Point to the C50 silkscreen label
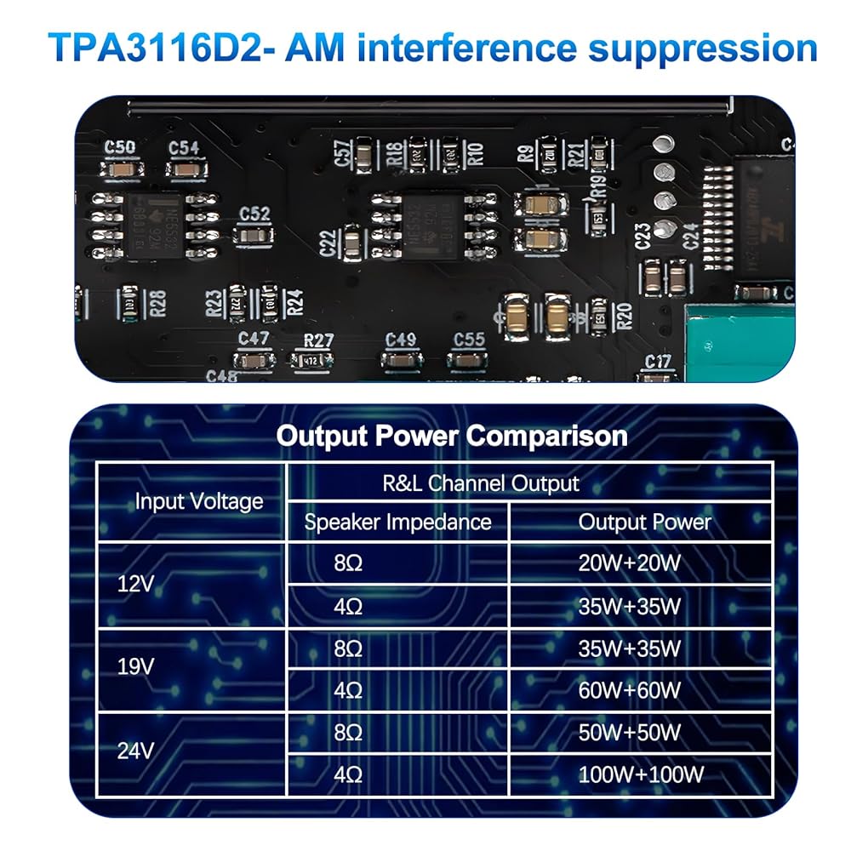(x=119, y=147)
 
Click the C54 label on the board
(x=184, y=147)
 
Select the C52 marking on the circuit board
(x=254, y=214)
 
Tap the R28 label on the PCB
(x=157, y=300)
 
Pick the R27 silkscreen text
(x=318, y=340)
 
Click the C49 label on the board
(x=400, y=340)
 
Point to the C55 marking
(x=469, y=340)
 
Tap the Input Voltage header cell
(x=198, y=501)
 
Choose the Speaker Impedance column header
(x=397, y=522)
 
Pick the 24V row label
(x=135, y=752)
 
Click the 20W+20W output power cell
(x=629, y=563)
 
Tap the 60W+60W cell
(x=629, y=690)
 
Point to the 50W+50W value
(x=629, y=732)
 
